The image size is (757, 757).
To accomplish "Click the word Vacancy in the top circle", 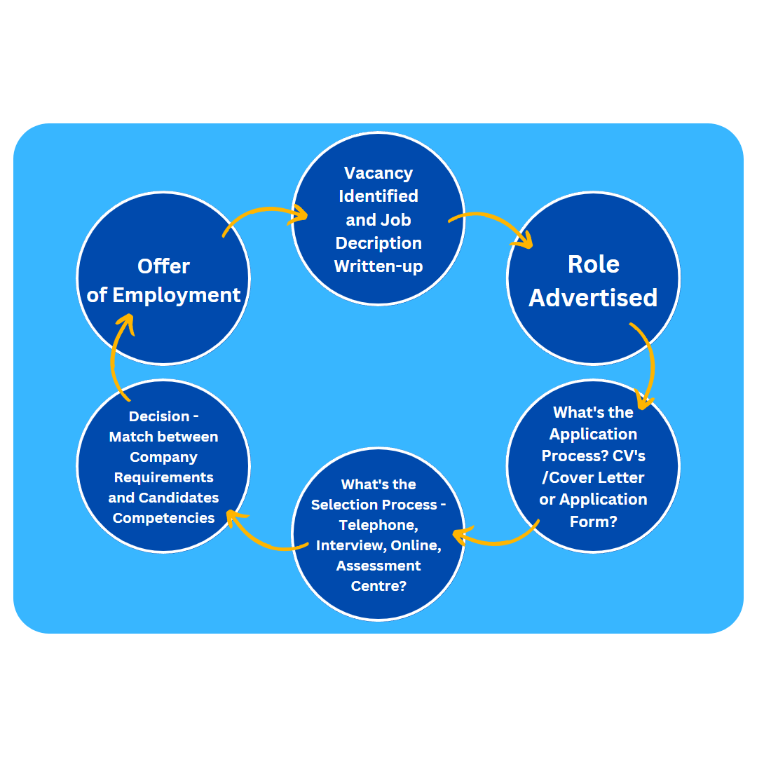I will coord(378,173).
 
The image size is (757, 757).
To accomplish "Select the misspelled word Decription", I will coord(378,243).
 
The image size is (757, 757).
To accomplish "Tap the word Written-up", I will coord(378,266).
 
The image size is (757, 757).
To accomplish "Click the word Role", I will coord(593,264).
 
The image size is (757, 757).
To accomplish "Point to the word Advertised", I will coord(593,297).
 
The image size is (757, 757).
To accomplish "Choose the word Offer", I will coord(163,266).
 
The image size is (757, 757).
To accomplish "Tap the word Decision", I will coord(158,416).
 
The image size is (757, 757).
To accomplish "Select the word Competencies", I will coord(163,518).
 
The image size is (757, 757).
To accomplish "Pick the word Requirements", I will coord(163,477).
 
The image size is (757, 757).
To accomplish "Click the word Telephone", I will coord(377,525).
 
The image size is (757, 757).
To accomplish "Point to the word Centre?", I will coord(378,585).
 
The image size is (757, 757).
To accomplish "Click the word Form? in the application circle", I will coord(593,521).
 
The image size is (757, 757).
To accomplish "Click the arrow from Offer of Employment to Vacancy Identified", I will coord(263,212).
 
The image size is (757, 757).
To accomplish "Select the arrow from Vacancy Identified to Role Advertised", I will coord(494,223).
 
